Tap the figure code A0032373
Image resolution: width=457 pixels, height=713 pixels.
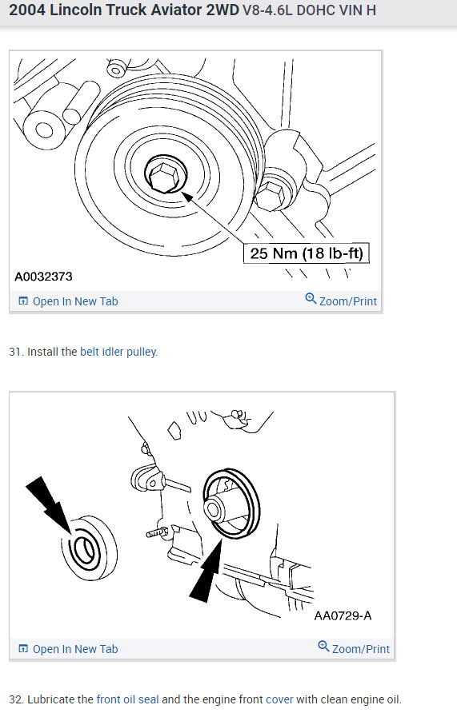pos(44,277)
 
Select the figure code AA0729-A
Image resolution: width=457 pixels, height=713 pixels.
pos(338,615)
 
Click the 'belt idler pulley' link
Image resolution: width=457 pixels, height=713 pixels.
pos(118,352)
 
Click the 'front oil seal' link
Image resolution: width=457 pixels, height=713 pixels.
pos(128,699)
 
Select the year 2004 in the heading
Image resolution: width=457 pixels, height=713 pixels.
pos(28,10)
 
